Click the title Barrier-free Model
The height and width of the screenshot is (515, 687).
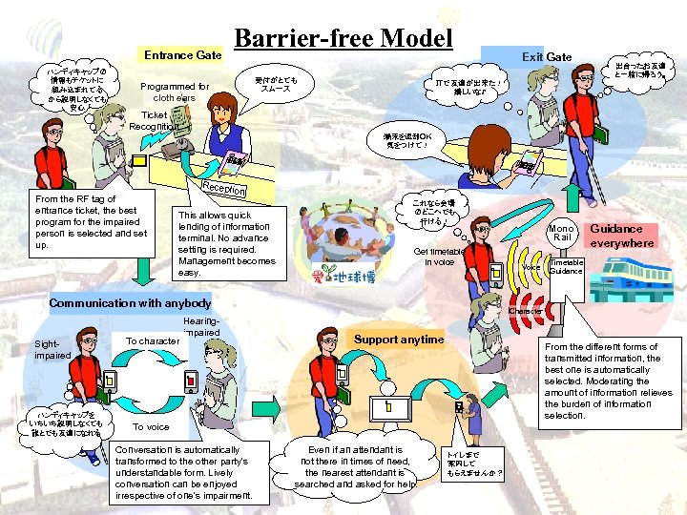pos(343,37)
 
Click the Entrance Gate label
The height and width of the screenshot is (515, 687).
pos(182,55)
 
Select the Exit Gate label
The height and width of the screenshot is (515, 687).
pos(546,56)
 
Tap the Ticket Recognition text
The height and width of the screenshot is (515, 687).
pos(152,120)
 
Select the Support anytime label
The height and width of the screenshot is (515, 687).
pos(399,340)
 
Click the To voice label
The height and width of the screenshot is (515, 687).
pos(151,427)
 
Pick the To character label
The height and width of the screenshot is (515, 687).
pos(152,340)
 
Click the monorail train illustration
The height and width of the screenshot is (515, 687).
pos(635,280)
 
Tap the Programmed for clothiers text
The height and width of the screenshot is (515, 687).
pos(175,92)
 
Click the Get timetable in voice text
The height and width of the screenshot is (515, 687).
pos(439,256)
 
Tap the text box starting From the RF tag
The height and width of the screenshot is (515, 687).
pos(84,221)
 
